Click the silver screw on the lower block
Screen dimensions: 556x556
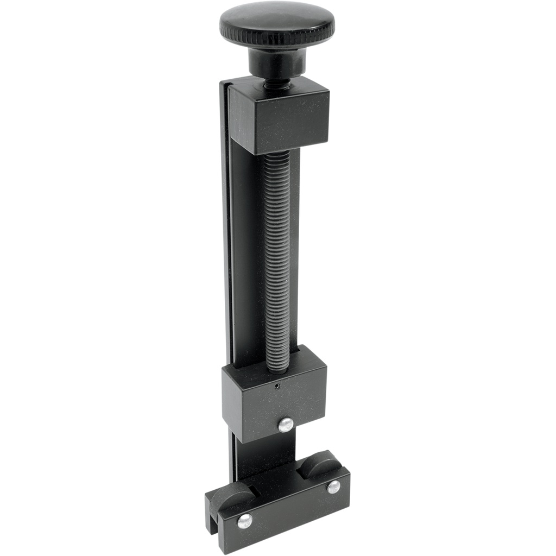coord(286,425)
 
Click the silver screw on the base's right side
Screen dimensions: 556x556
coord(333,486)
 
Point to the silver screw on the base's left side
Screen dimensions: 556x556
coord(244,521)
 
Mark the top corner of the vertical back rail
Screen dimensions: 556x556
coord(224,83)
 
